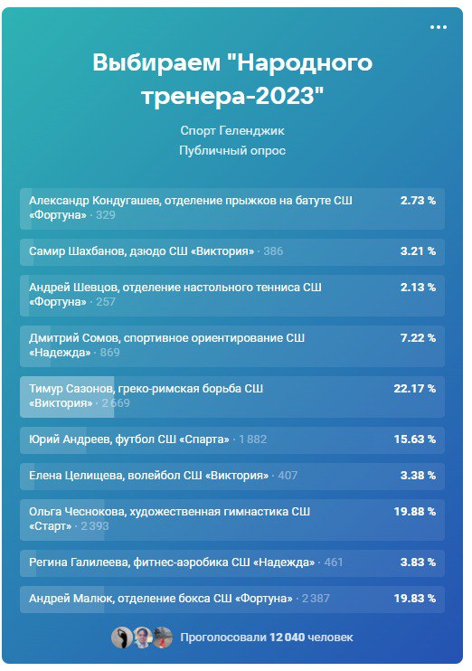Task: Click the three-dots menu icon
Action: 439,27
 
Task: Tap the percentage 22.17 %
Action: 415,389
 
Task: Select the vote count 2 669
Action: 116,403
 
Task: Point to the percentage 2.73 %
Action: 418,200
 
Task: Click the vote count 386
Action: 273,251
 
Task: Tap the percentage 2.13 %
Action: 418,288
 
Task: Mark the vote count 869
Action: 109,353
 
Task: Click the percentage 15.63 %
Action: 415,439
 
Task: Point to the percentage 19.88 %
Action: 415,511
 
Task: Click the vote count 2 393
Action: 95,526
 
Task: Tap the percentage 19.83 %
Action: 415,599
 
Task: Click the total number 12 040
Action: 287,638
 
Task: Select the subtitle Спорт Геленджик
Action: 232,131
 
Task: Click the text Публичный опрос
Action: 232,151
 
